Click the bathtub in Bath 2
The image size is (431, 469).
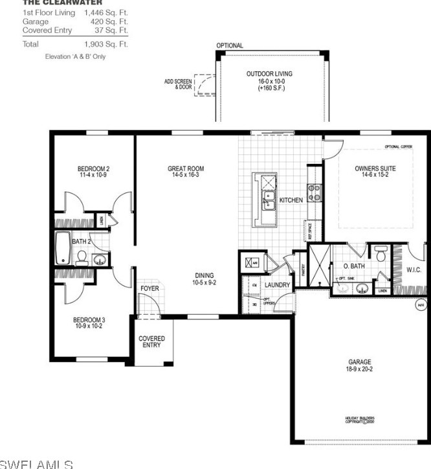(x=62, y=248)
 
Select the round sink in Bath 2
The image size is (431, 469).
(x=99, y=260)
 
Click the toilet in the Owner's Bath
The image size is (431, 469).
(x=380, y=255)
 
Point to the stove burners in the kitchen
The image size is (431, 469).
(x=316, y=192)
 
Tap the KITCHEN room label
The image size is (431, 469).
(x=291, y=200)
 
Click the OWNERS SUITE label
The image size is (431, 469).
(x=370, y=169)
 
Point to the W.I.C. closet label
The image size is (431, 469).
(x=414, y=269)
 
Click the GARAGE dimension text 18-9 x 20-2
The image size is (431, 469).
(x=357, y=370)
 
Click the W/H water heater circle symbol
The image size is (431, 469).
(x=420, y=304)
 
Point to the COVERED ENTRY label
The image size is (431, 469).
(x=151, y=341)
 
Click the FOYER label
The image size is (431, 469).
(x=149, y=289)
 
